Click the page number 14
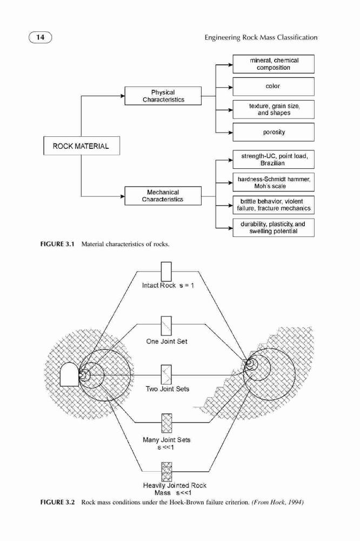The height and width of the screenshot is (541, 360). coord(41,37)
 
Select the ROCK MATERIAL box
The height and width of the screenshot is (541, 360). coord(82,146)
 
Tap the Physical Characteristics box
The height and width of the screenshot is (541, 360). coord(163,96)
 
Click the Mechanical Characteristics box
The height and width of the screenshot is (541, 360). coord(163,196)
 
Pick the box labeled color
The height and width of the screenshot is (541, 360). coord(274,86)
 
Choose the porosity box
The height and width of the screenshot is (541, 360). coord(274,132)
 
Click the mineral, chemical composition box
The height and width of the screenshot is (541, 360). coord(274,64)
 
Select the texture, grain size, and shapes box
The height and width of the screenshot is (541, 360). coord(274,109)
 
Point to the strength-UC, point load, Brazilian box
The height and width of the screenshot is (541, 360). coord(274,160)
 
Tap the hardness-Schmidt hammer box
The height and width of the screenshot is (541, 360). coord(274,182)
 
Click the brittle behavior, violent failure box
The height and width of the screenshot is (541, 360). coord(274,205)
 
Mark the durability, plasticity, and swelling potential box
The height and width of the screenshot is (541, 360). coord(274,228)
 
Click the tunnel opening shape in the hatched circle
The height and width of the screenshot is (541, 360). coord(69,374)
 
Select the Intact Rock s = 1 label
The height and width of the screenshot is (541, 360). coord(168,286)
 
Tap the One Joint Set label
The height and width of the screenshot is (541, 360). coord(167,341)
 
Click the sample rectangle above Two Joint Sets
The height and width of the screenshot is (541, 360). coord(166,374)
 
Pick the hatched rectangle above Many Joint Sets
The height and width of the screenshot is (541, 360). coord(166,424)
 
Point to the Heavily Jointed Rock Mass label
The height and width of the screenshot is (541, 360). coord(175,489)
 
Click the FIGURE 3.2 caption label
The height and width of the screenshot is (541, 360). coord(58,502)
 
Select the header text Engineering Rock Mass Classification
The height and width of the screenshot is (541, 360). coord(261,37)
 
